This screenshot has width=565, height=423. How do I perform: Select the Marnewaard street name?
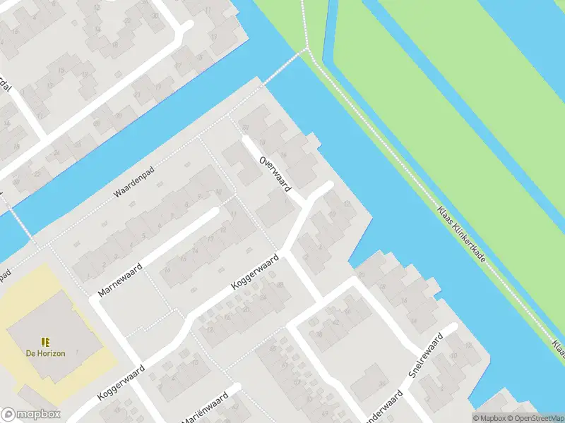tap(121, 279)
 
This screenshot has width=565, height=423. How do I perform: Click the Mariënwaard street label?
tap(204, 410)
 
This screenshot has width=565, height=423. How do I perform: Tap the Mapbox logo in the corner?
tap(31, 415)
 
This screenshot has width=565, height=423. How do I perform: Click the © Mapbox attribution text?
tap(489, 418)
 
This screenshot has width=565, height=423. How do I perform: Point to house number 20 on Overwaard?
tap(245, 127)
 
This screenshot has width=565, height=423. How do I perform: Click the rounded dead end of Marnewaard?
tap(214, 212)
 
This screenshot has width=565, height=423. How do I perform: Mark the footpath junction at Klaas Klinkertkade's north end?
tap(307, 49)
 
